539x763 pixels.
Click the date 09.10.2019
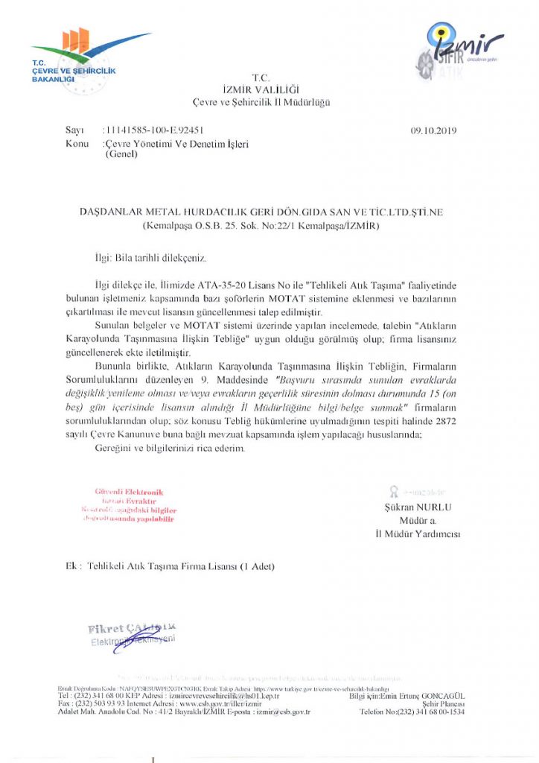[x=433, y=130]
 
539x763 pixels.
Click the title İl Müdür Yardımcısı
[x=418, y=534]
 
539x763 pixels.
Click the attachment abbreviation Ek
[x=72, y=566]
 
